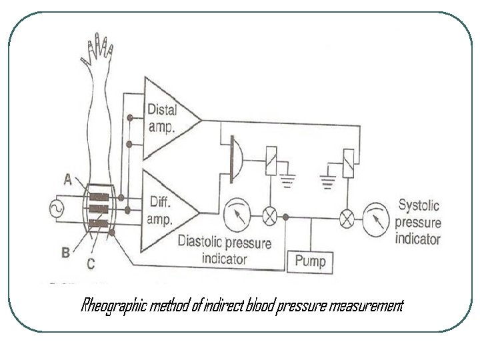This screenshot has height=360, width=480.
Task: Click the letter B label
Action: (66, 252)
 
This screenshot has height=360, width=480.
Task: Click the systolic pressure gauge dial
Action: (378, 217)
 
